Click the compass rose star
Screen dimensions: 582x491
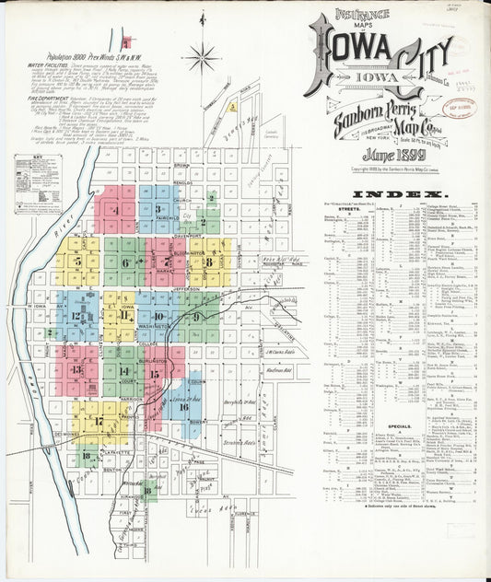tap(201, 58)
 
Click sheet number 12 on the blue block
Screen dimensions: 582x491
tap(76, 316)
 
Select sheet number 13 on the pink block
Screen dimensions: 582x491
tap(77, 370)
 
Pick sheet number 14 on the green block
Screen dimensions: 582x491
tap(123, 370)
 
